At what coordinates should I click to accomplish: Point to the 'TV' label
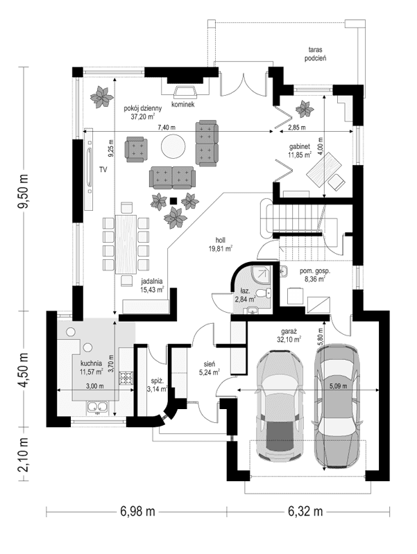pos(102,169)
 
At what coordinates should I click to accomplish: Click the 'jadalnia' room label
pos(152,281)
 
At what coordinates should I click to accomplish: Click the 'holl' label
pos(220,240)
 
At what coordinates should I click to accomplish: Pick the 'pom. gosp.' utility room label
pos(314,271)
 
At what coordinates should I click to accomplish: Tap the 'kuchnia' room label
pos(91,363)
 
